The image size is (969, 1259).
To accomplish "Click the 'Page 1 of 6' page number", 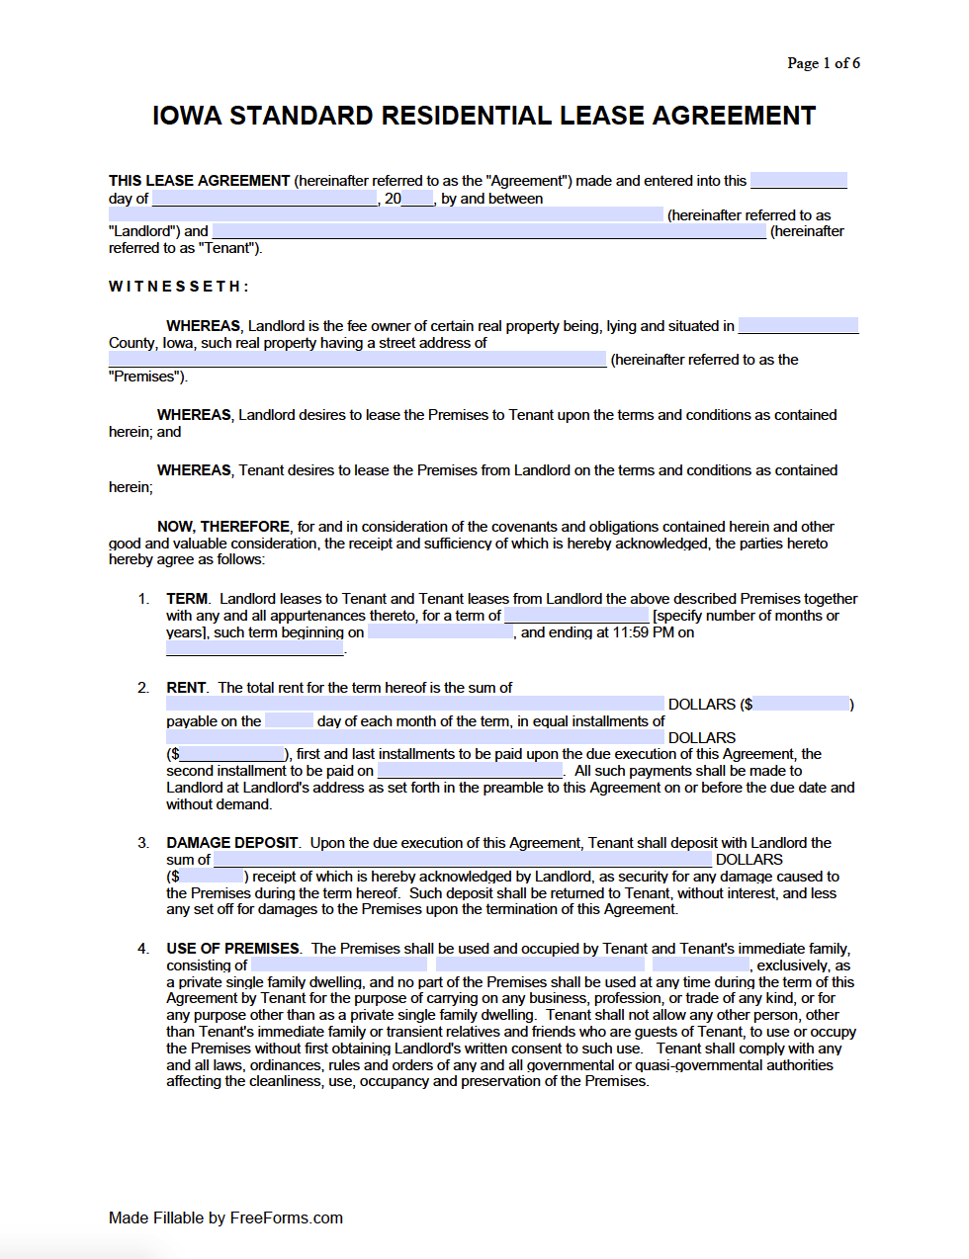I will coord(823,63).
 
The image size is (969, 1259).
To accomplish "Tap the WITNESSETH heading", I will coord(178,287).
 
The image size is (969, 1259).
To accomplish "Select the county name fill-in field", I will coord(797,326).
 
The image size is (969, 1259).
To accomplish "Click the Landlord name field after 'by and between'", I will coord(386,214).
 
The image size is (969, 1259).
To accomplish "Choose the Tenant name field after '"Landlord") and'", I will coord(488,231).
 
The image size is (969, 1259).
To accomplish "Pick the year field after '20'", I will coord(417,199).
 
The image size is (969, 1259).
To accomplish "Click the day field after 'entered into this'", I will coord(798,181).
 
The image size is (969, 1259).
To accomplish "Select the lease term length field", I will coord(575,616).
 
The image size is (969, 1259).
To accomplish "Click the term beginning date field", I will coord(440,632).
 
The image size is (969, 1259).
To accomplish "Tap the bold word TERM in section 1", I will coord(187,599).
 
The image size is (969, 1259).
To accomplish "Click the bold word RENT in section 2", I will coord(186,688).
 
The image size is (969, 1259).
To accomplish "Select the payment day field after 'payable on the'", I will coord(289,721).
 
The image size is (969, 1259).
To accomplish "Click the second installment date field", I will coord(470,771).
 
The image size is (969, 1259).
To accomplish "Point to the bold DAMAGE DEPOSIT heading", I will coord(232,843).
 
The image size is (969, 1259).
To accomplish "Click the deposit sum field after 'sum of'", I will coord(462,860).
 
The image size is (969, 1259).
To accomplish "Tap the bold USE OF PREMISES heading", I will coord(232,949).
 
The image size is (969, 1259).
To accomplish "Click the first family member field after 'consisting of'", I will coord(339,965).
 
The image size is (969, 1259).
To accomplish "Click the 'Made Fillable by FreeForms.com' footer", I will coord(225,1217).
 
